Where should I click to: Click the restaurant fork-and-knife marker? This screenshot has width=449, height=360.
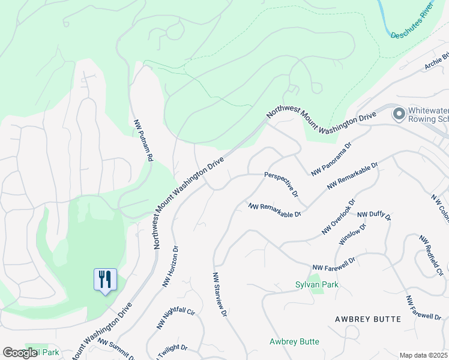105,280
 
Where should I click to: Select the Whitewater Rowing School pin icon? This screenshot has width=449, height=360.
398,113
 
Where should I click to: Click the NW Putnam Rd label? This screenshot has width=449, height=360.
143,139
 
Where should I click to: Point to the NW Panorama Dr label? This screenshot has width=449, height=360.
331,159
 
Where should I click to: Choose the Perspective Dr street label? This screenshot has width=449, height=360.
282,184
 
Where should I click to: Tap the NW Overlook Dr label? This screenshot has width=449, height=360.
339,217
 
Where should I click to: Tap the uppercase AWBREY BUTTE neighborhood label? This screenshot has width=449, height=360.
367,319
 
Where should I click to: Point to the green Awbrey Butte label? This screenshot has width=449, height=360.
294,341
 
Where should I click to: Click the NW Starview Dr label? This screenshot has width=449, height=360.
219,294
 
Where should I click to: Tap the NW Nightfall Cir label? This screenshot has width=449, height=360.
176,320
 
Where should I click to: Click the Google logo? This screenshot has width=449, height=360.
20,353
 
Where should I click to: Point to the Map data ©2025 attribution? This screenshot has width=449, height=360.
423,355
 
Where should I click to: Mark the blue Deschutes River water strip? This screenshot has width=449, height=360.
384,18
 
